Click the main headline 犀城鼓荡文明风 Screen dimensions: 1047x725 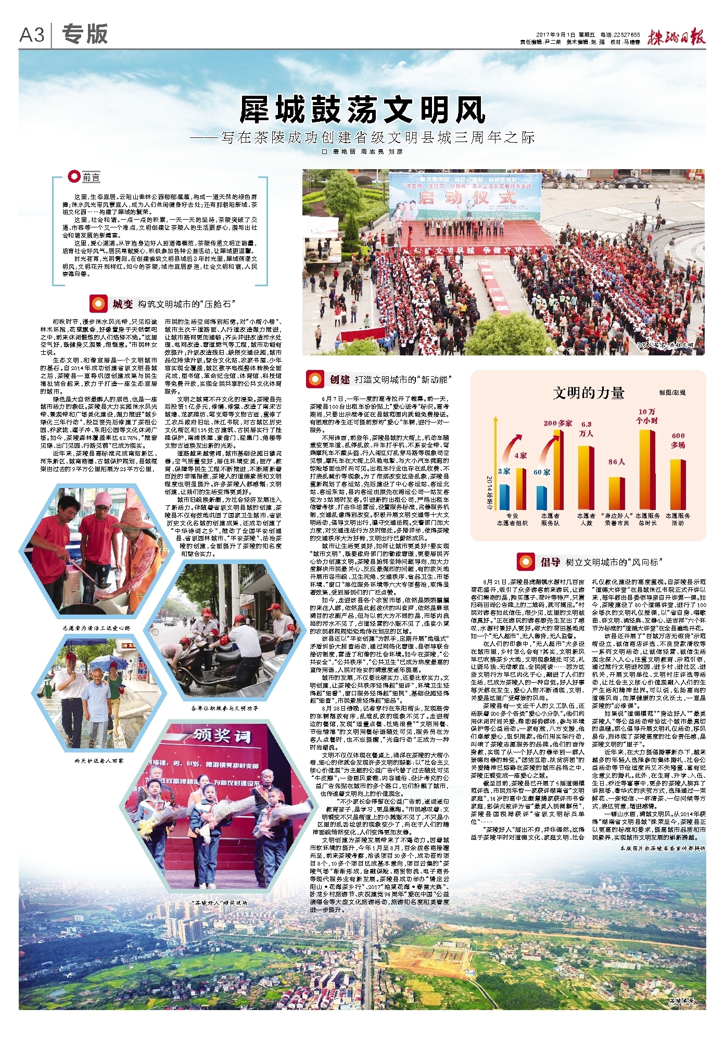[362, 110]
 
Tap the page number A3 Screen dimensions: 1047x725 [32, 35]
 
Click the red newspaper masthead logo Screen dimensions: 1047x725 [676, 37]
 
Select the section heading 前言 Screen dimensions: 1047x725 [91, 177]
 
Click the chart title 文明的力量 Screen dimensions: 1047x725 [588, 393]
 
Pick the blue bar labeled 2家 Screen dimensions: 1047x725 [504, 496]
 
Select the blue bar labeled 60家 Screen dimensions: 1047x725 [542, 497]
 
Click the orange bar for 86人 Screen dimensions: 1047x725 [617, 493]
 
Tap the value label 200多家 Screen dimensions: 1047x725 [557, 423]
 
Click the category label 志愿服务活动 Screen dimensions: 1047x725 [678, 519]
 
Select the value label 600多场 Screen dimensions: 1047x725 [678, 440]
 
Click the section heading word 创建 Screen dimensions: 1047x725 [339, 379]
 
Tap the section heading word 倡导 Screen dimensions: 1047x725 [550, 562]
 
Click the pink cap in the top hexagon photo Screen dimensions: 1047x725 [104, 501]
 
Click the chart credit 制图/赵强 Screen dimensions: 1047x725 [672, 392]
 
